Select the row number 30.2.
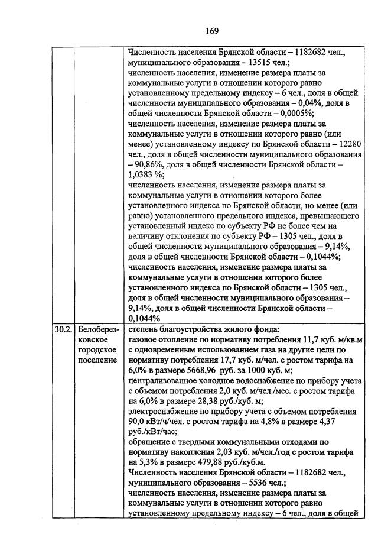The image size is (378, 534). coord(61,329)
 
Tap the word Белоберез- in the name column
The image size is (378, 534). coord(98,329)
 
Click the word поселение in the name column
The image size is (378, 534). coord(97,360)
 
